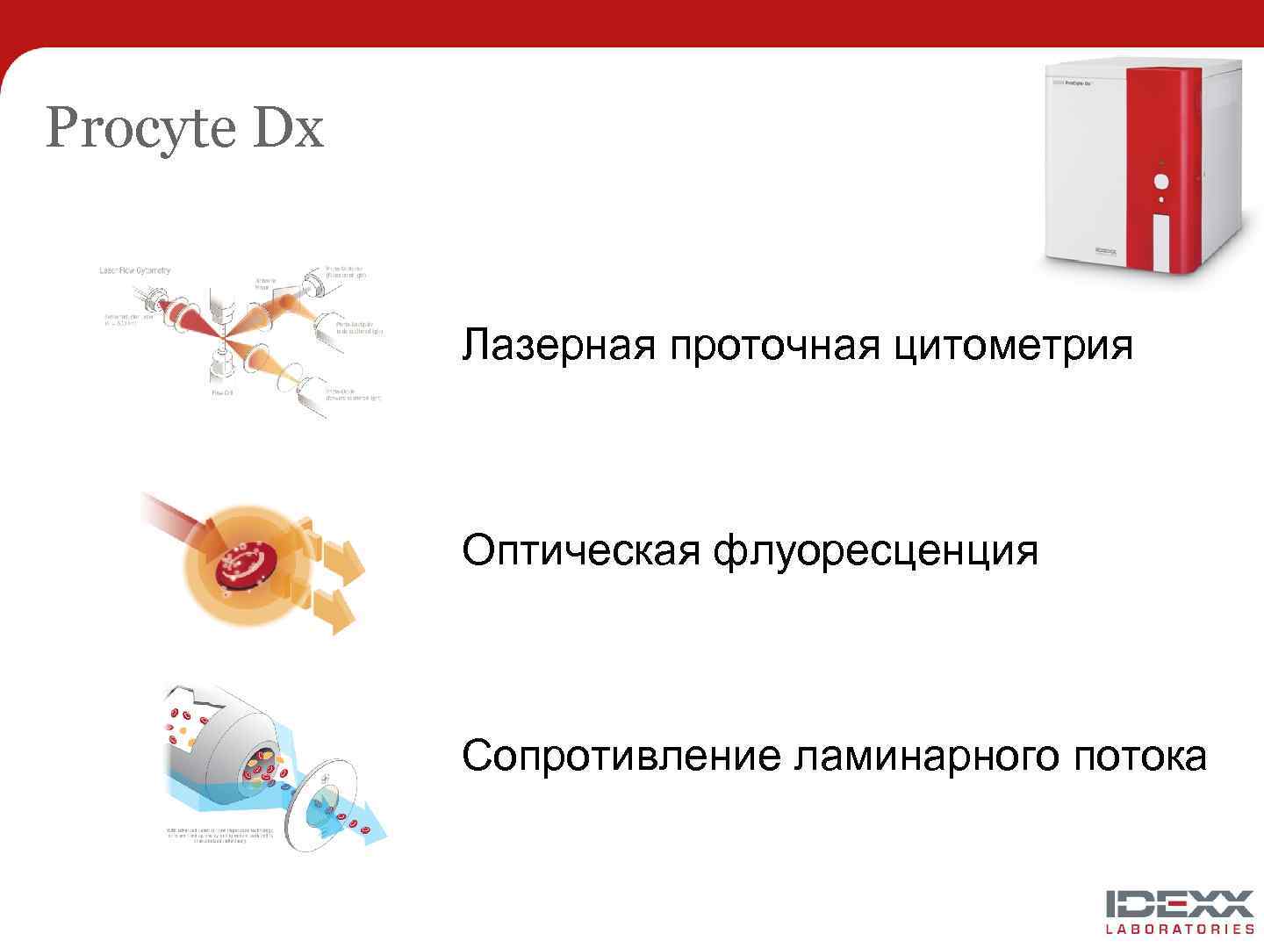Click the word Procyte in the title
coord(141,129)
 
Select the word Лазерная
coord(558,344)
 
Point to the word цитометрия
coord(1014,344)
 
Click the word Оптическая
coord(580,550)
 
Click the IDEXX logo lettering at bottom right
coord(1180,904)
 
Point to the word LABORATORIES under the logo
coord(1180,929)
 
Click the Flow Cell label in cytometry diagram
coord(222,393)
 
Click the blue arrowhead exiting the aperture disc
coord(375,829)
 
